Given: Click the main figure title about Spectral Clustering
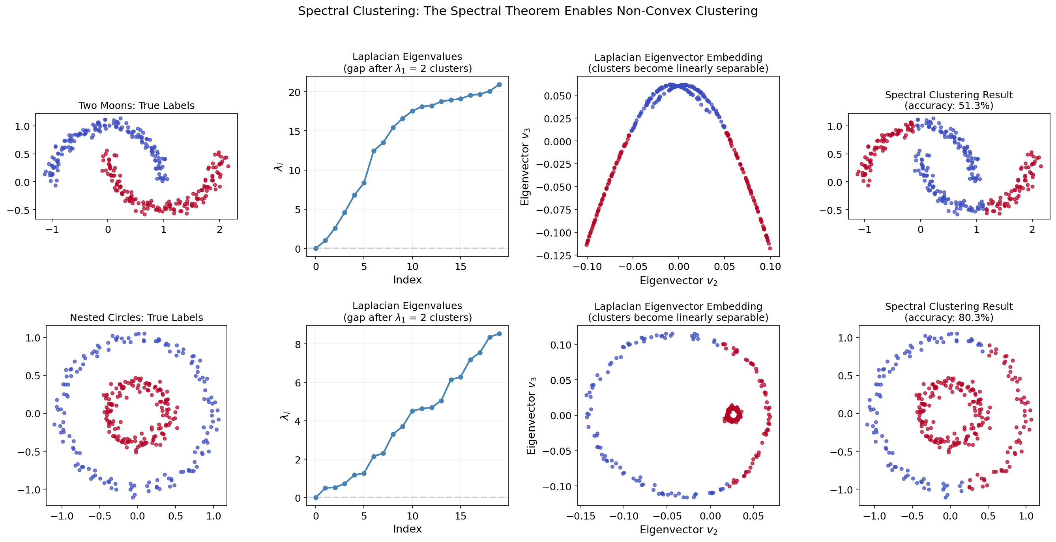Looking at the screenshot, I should coord(528,11).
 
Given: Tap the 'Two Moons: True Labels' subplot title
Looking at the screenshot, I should coord(137,105).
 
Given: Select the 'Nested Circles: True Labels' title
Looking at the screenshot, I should coord(137,317).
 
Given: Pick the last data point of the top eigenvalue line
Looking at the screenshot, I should coord(499,84).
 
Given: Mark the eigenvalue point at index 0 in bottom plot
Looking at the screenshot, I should coord(316,497).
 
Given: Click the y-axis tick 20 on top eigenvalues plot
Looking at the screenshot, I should coord(295,92).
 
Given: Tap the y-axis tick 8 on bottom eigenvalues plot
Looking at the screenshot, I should coord(298,344).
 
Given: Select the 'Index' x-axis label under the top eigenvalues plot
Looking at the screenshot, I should coord(407,279).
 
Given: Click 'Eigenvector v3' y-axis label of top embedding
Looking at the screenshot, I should coord(525,167).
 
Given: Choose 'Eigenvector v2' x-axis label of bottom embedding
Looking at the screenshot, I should coord(678,530).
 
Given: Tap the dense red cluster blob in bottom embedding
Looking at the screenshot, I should coord(733,414).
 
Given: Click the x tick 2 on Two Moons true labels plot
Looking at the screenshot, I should coord(219,229).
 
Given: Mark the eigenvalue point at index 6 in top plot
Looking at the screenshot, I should coord(373,151).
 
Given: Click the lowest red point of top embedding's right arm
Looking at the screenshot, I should coord(770,248).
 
